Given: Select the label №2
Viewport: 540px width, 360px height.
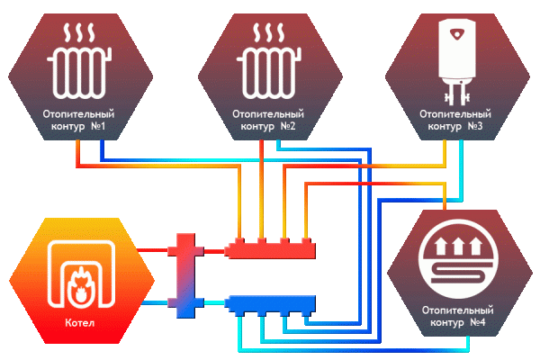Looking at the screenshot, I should [288, 128].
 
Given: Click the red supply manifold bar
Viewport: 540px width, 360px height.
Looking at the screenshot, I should [271, 249].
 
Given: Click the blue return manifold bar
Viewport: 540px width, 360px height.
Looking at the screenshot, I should [271, 302].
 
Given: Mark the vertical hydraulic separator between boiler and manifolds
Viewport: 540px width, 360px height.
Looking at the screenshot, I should [185, 275].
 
